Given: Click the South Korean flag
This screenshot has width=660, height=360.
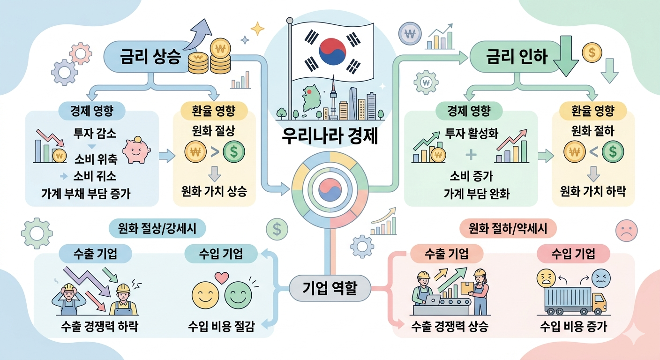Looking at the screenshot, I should click(332, 50).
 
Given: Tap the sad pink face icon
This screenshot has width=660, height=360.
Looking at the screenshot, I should click(627, 230).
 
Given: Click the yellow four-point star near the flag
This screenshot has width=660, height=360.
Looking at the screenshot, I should click(257, 29).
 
